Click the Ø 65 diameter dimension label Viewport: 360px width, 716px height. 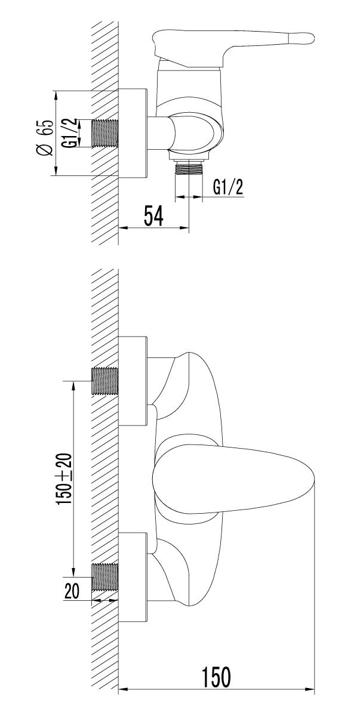45,137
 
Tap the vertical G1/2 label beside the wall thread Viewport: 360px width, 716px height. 70,132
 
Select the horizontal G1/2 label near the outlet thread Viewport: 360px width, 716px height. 228,187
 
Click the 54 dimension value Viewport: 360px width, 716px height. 153,216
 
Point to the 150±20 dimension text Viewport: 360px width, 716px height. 64,479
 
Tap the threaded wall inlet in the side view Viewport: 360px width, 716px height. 105,133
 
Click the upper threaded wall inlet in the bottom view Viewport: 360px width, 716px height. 105,381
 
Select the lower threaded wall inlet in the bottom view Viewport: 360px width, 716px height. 105,577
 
